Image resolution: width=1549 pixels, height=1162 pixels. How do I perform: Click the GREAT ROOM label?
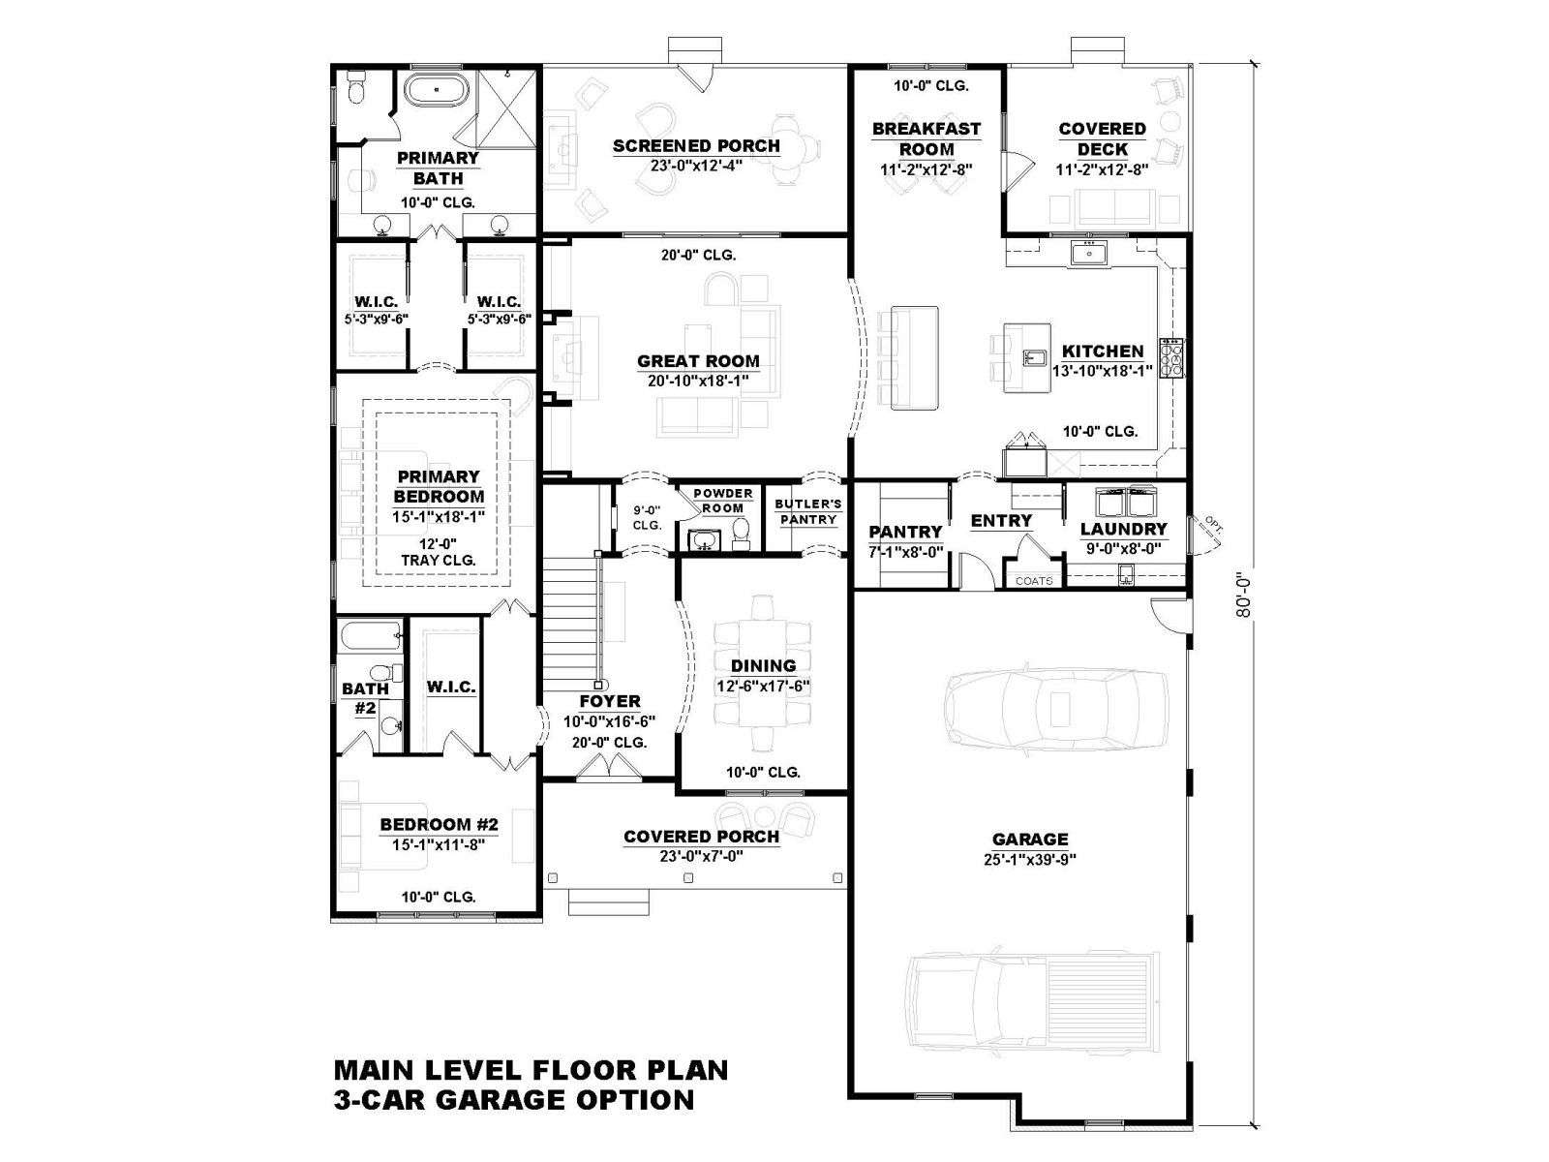coord(697,361)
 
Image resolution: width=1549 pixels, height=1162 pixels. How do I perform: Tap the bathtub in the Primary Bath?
coord(436,90)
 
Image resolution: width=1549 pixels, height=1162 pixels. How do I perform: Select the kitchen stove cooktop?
coord(1172,357)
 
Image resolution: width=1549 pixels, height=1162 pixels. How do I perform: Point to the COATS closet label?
coord(1034,581)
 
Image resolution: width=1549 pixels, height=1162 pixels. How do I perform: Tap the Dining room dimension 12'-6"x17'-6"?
coord(763,686)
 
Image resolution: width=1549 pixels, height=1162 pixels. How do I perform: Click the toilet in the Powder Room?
coord(741,535)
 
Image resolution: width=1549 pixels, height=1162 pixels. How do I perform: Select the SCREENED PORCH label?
coord(696,146)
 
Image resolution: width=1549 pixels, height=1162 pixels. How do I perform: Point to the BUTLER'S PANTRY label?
coord(808,511)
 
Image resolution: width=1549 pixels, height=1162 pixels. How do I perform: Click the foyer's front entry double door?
coord(608,768)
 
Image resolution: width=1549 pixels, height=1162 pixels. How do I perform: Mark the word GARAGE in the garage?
coord(1030,839)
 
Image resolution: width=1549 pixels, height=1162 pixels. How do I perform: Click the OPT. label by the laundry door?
coord(1213,523)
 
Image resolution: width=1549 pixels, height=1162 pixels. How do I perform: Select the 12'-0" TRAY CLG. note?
coord(439,552)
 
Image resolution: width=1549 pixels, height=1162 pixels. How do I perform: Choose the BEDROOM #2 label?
coord(439,824)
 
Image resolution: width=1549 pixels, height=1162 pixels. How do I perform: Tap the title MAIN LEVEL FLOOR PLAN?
coord(531,1070)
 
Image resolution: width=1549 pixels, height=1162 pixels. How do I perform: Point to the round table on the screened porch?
coord(785,148)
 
